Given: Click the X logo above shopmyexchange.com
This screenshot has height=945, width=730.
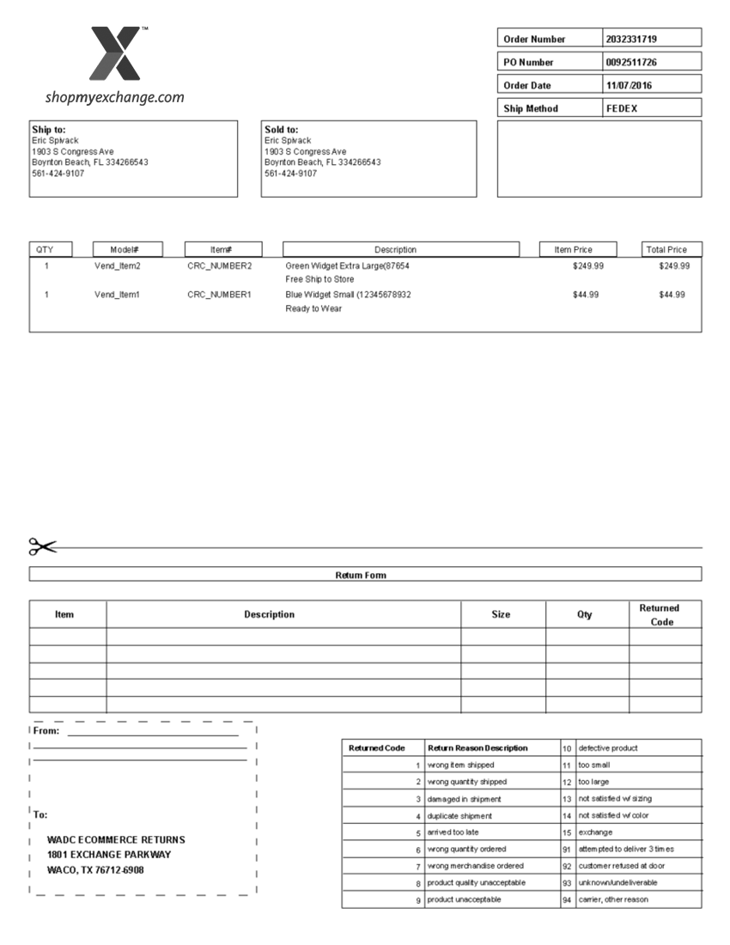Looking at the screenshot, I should [115, 53].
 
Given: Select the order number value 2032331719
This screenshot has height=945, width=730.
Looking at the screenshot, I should [631, 40].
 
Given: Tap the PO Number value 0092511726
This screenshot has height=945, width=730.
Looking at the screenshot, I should [632, 63].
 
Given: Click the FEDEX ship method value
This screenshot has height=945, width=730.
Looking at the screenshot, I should [622, 109].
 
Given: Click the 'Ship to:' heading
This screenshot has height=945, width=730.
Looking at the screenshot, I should [49, 130].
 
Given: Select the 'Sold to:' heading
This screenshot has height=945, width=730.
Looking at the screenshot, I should [282, 130].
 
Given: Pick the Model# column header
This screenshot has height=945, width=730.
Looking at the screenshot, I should [127, 250].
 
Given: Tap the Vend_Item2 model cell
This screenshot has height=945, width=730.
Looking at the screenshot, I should [118, 266].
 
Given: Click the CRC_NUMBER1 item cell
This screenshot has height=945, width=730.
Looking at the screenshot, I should [220, 295].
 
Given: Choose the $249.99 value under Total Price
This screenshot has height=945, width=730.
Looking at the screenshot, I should [674, 266].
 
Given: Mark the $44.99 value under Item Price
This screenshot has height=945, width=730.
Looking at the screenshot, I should [586, 295].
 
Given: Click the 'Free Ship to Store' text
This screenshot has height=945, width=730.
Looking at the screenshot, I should [319, 280].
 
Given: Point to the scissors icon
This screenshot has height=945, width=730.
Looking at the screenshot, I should [42, 546].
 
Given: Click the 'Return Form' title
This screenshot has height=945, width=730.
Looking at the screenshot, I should [361, 575].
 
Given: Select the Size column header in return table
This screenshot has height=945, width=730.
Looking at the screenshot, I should [501, 614].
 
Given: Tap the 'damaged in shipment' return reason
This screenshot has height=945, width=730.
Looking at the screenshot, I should [464, 799].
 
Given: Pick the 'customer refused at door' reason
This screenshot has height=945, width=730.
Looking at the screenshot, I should [621, 866].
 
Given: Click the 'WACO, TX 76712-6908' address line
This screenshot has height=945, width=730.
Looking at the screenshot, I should [95, 870].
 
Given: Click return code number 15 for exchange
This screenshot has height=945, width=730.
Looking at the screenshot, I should [567, 832].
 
